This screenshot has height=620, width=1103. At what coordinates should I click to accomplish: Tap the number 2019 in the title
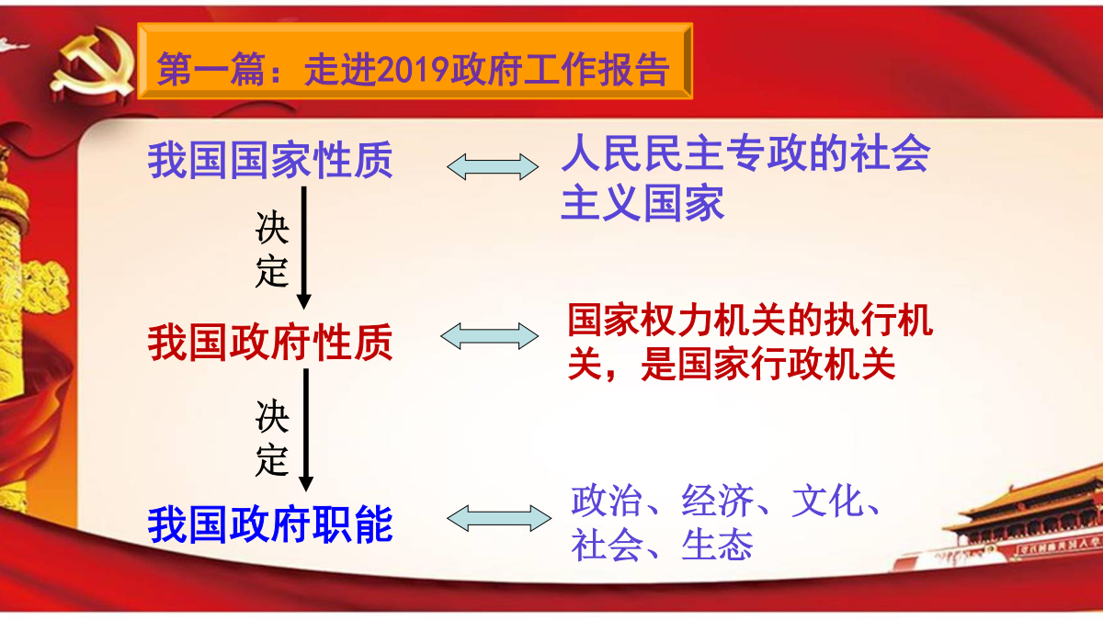(x=413, y=70)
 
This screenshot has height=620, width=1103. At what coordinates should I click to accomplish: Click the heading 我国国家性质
(x=270, y=160)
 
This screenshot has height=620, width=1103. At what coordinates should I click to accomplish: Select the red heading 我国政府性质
(x=270, y=342)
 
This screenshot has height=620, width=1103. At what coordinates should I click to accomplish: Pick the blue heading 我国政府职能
(x=270, y=524)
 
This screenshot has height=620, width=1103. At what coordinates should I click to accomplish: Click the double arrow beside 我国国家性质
(x=493, y=167)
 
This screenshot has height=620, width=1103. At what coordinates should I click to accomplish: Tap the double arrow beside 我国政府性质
(x=489, y=336)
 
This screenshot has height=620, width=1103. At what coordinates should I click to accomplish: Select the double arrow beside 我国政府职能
(x=499, y=518)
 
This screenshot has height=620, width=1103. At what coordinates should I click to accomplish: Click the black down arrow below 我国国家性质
(x=304, y=247)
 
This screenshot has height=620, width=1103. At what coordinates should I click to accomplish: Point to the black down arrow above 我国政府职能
(x=306, y=430)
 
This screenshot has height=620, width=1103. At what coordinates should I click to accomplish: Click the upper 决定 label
(x=272, y=249)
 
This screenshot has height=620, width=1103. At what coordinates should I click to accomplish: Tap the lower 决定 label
(x=272, y=437)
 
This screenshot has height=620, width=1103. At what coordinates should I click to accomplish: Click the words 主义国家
(x=642, y=203)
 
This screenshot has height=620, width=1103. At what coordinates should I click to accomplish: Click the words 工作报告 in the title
(x=596, y=70)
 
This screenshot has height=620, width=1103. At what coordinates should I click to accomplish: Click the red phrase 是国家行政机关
(x=768, y=364)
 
